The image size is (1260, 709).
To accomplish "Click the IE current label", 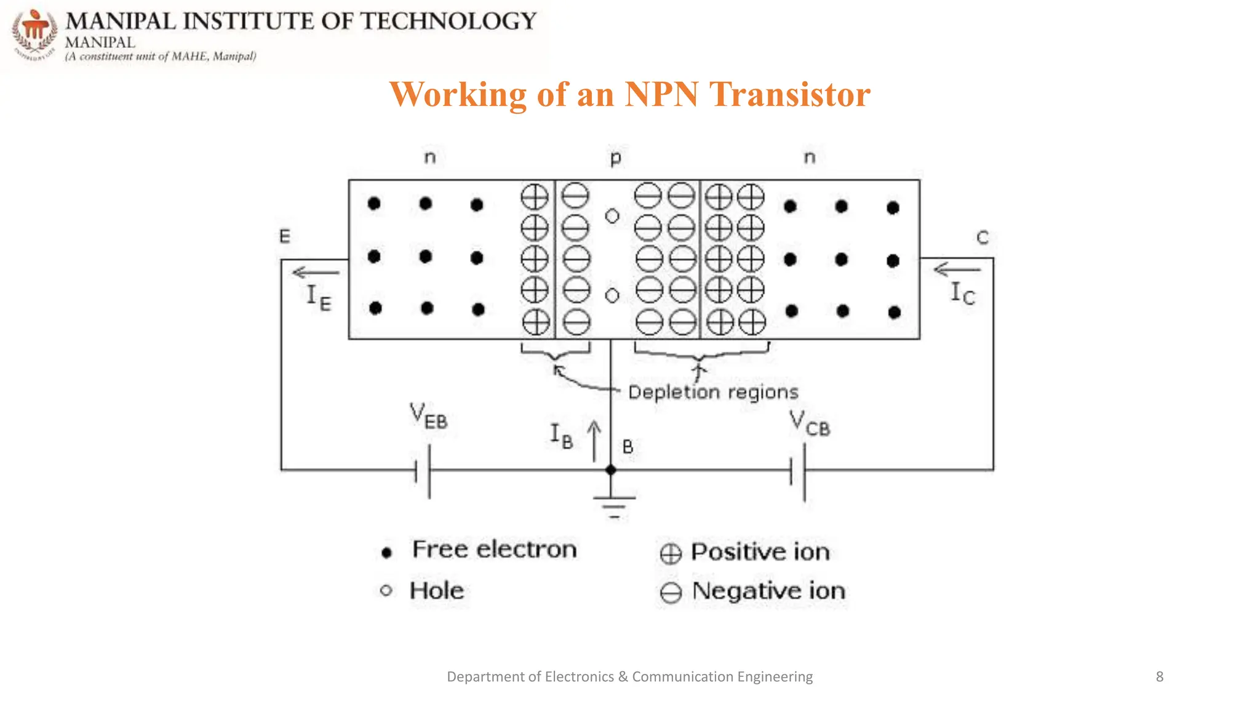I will tap(319, 298).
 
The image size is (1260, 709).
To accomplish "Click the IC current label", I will tap(962, 293).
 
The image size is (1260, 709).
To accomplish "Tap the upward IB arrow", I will tap(594, 441).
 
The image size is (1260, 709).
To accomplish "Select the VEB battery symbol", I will tap(423, 471).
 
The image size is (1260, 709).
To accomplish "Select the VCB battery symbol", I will tap(798, 472).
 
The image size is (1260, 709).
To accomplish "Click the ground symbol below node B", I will tap(613, 505).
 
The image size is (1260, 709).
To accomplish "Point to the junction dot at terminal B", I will tap(610, 470).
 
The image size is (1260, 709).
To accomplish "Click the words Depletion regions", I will tap(713, 392).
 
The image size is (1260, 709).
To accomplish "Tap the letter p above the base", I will tap(615, 159).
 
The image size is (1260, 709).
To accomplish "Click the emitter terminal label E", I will tap(285, 236).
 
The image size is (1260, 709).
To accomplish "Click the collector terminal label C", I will tap(983, 238).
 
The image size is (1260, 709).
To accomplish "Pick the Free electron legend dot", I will tap(386, 553).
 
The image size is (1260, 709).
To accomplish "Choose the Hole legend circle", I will tap(386, 591).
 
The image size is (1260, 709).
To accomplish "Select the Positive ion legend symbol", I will tap(671, 554).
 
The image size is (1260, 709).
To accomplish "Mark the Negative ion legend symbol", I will tap(671, 593).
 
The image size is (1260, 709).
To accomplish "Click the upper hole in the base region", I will tap(612, 216).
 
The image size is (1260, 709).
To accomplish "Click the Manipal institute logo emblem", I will tap(35, 34).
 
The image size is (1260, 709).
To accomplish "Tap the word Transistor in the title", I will tap(790, 95).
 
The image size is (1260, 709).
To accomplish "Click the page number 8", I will tap(1160, 676).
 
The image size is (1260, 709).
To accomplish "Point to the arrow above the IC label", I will tap(957, 270).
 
